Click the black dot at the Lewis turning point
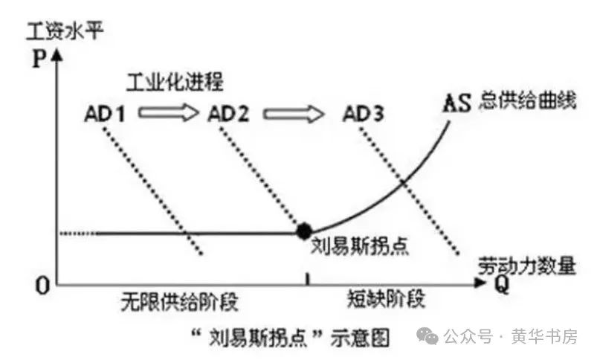click(303, 231)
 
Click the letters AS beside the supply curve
click(456, 101)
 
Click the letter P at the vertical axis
click(39, 59)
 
